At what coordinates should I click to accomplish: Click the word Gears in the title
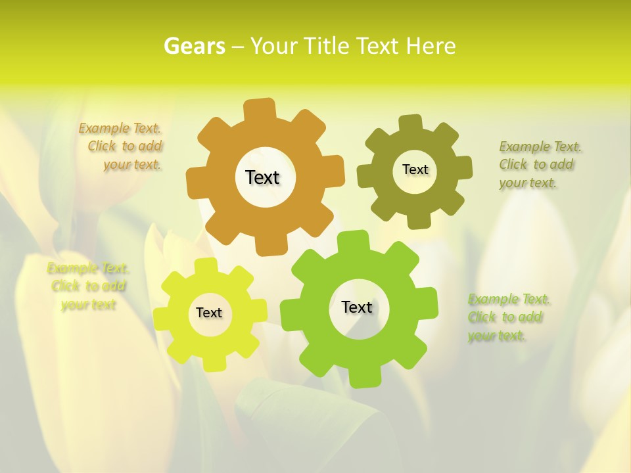[194, 46]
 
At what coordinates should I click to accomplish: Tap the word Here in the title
[431, 46]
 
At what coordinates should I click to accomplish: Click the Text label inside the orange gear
[262, 177]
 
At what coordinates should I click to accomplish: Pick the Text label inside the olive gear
[415, 169]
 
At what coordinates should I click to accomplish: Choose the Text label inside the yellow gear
[209, 313]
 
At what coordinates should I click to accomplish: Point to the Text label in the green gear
[357, 307]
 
